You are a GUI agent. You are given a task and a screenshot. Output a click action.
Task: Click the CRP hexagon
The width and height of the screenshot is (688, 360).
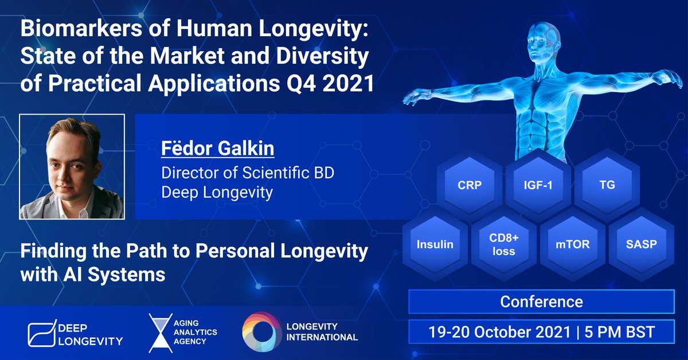(470, 185)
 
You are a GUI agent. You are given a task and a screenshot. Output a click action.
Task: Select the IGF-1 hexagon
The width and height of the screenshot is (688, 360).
(538, 185)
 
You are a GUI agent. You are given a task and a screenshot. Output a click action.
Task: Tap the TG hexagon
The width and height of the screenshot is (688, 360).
(606, 185)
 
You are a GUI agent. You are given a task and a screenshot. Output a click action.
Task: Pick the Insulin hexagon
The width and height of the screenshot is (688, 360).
(435, 245)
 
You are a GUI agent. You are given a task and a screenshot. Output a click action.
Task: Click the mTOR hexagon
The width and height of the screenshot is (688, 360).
(572, 245)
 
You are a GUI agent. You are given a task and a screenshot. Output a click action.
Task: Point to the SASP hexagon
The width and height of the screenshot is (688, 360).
(641, 245)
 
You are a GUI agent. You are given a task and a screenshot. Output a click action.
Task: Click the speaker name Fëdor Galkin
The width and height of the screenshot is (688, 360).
(217, 148)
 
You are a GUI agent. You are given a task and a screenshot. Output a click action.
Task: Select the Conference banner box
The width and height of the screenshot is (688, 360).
(541, 302)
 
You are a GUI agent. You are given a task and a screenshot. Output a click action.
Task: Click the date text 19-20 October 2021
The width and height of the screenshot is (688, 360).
(499, 332)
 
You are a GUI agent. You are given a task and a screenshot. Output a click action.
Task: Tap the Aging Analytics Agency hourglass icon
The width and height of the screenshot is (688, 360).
(157, 333)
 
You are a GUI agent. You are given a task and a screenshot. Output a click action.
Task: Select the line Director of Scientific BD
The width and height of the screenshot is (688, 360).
(247, 172)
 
